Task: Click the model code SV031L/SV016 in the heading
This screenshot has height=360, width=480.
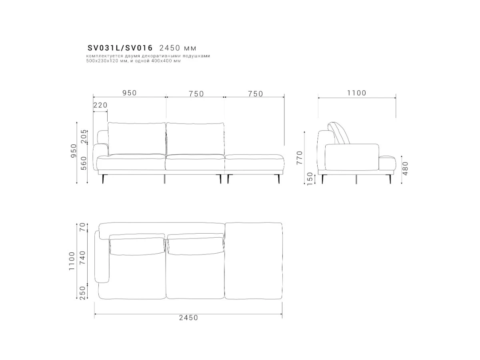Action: tap(120, 48)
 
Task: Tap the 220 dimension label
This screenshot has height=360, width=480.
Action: tap(100, 105)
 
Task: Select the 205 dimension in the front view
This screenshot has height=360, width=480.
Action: tap(84, 136)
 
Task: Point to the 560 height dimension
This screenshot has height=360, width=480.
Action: tap(84, 163)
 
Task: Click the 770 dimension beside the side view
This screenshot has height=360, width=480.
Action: tap(299, 158)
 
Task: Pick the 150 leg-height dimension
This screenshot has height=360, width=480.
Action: tap(310, 178)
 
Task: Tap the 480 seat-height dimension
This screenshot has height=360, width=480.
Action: tap(405, 168)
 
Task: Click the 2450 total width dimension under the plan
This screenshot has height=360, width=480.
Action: tap(188, 318)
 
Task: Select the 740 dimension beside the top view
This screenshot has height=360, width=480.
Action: tap(83, 258)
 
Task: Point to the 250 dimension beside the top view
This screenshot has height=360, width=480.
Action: tap(83, 293)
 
